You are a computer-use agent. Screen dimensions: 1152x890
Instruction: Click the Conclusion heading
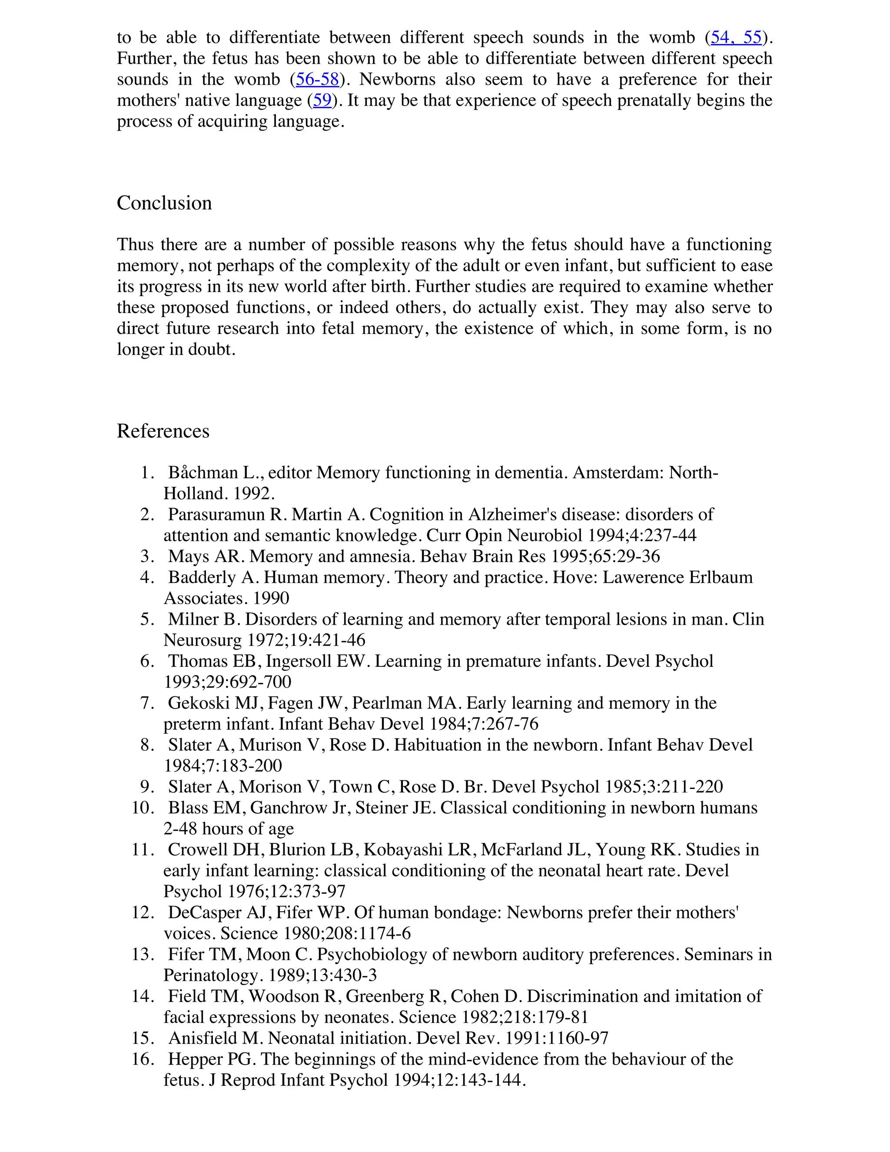(164, 203)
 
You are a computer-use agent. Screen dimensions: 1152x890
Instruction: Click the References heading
(163, 431)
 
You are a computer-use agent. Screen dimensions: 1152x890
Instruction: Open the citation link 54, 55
(736, 37)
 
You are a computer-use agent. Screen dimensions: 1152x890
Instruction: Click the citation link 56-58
(317, 80)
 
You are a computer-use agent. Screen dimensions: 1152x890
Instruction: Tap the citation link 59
(322, 101)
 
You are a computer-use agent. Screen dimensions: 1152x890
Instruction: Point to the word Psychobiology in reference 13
(371, 955)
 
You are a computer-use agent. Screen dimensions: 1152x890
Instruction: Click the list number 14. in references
(143, 996)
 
